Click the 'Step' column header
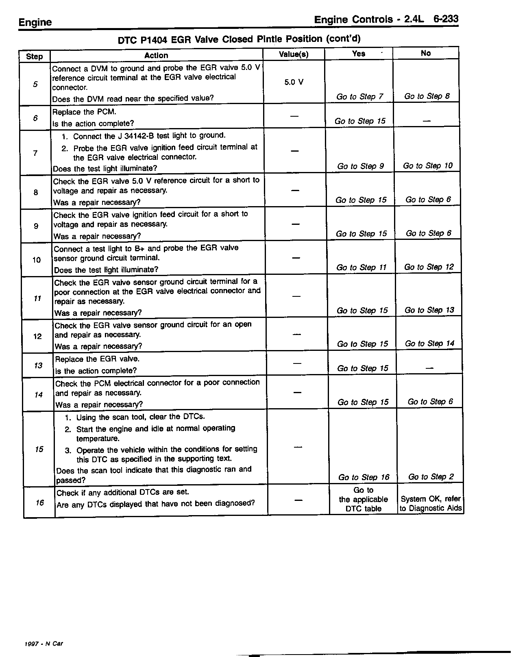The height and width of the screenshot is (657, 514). coord(34,56)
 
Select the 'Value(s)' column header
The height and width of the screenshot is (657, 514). coord(294,54)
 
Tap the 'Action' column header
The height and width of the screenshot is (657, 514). coord(156,55)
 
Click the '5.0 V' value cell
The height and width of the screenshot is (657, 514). coord(294,82)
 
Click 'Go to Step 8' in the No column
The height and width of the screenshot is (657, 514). coord(427,96)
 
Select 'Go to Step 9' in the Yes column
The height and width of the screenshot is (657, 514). coord(360,166)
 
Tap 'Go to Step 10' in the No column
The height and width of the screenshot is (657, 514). coord(427,165)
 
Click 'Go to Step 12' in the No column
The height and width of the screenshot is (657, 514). coord(429,267)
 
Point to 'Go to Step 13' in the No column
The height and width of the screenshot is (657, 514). coord(429,310)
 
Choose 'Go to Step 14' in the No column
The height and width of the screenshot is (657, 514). coord(429,343)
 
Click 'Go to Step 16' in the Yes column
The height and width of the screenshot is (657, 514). coord(364,477)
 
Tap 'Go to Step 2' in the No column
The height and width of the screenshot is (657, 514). coord(431,476)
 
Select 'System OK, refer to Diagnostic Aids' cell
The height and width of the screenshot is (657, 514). coord(431,503)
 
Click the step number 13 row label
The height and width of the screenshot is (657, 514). coord(38,365)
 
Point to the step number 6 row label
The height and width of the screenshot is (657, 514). coord(35,118)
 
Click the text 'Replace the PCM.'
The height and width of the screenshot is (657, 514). coord(81,112)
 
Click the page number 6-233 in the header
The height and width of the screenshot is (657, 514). coord(446,19)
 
